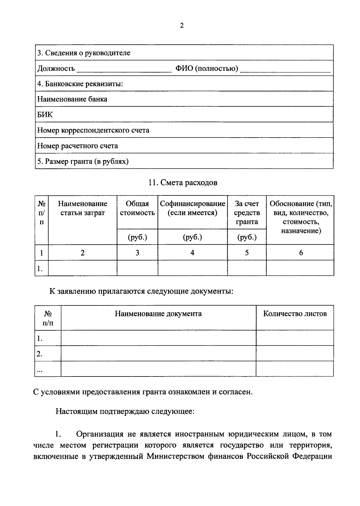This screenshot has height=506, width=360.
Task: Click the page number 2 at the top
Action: pyautogui.click(x=181, y=26)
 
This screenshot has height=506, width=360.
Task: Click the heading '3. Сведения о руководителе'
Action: pyautogui.click(x=84, y=53)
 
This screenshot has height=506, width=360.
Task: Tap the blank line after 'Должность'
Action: pyautogui.click(x=124, y=70)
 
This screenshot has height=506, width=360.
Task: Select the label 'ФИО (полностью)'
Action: pyautogui.click(x=207, y=69)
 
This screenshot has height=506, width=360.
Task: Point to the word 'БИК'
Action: pyautogui.click(x=45, y=115)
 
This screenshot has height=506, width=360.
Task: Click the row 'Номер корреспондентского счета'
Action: pyautogui.click(x=93, y=130)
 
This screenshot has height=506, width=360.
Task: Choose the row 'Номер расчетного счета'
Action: pyautogui.click(x=77, y=146)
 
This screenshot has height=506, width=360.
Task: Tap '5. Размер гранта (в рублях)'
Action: pyautogui.click(x=83, y=162)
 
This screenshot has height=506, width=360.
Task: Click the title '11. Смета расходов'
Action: pyautogui.click(x=183, y=183)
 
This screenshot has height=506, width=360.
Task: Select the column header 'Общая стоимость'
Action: pyautogui.click(x=137, y=208)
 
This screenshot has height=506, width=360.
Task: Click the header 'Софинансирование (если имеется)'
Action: pyautogui.click(x=192, y=208)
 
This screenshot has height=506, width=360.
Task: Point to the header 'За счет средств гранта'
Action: pyautogui.click(x=247, y=213)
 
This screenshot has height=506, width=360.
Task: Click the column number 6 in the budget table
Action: pyautogui.click(x=301, y=253)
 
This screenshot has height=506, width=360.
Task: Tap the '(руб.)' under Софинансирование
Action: pyautogui.click(x=192, y=237)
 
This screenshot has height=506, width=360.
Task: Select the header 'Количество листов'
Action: pyautogui.click(x=295, y=314)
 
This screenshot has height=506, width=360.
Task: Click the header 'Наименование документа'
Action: pyautogui.click(x=158, y=314)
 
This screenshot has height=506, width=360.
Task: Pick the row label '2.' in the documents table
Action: pyautogui.click(x=40, y=354)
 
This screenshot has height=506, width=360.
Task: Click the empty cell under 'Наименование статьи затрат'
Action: pyautogui.click(x=82, y=268)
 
